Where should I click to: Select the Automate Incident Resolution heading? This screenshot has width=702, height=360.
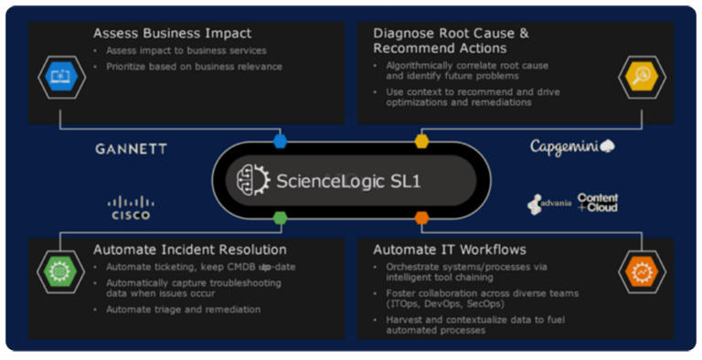[x=190, y=249]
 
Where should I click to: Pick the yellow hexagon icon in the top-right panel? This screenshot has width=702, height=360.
[x=638, y=77]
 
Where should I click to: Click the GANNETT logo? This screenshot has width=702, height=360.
[x=132, y=149]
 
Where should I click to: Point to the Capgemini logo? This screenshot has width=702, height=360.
[x=572, y=146]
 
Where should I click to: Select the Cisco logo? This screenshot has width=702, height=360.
[x=131, y=207]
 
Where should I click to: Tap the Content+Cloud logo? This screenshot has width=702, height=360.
[x=598, y=203]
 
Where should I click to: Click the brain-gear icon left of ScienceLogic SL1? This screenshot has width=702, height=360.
[x=252, y=179]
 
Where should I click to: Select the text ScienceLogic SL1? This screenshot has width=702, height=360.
[x=348, y=180]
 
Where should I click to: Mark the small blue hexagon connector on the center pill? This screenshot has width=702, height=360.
[x=280, y=142]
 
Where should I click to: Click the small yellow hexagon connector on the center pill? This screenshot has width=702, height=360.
[x=421, y=142]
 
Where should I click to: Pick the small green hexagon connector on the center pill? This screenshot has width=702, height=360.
[x=280, y=217]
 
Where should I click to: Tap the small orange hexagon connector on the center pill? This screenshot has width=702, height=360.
[x=421, y=217]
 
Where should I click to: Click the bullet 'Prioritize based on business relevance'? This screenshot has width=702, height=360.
[x=194, y=66]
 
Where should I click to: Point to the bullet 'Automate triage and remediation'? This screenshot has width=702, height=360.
[x=182, y=310]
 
